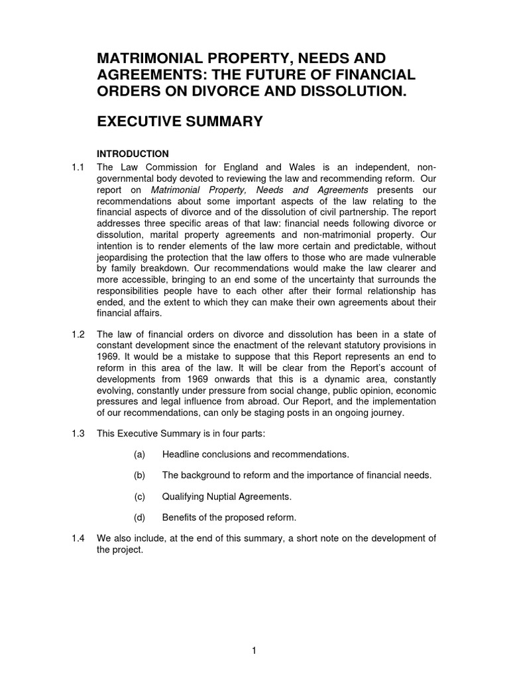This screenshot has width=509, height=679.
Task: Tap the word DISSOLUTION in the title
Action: click(x=347, y=91)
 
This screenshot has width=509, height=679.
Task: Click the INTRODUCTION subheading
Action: click(x=133, y=154)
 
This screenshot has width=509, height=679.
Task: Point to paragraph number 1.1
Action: click(x=78, y=166)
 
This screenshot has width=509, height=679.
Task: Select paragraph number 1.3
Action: click(x=78, y=433)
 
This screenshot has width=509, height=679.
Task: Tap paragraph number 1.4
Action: click(x=78, y=538)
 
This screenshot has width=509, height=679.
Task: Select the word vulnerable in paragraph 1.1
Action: click(x=412, y=258)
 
